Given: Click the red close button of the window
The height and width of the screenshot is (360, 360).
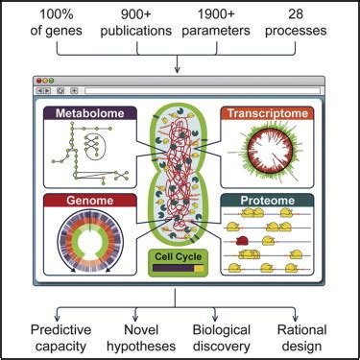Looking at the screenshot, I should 38,80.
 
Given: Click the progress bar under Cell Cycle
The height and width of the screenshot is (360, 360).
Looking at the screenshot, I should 176,269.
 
